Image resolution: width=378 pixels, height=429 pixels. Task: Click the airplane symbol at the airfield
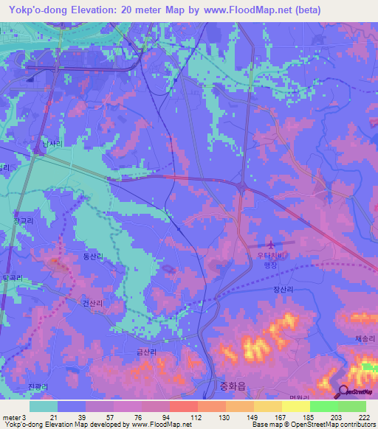pos(271,244)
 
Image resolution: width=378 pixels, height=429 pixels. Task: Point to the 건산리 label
pos(93,302)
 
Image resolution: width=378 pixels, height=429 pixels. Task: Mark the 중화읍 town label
pos(233,385)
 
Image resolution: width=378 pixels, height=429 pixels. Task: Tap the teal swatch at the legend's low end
pos(44,406)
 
